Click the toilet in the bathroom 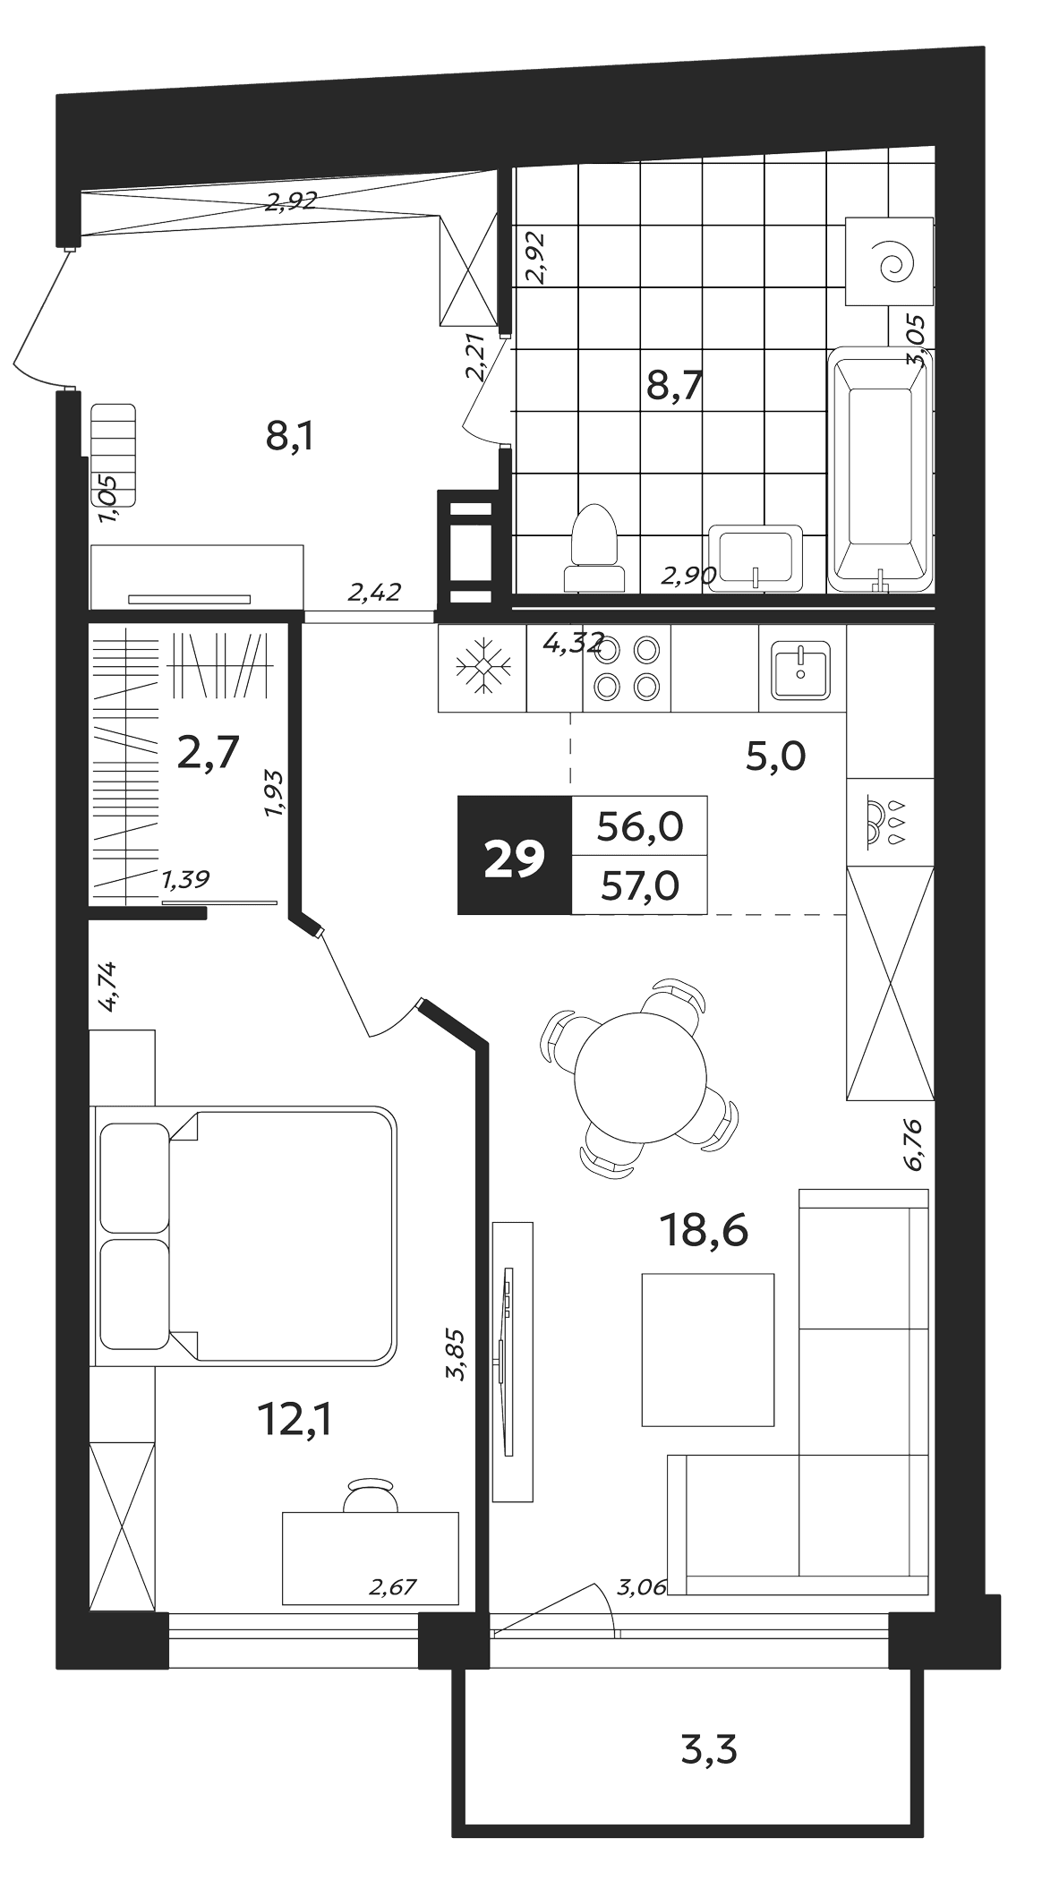click(594, 548)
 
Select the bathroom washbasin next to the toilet click(755, 557)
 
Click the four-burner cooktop click(626, 668)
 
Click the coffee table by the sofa click(707, 1349)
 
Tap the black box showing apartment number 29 click(514, 855)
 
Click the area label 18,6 click(704, 1232)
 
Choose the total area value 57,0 click(638, 885)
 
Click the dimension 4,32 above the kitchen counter click(574, 644)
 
